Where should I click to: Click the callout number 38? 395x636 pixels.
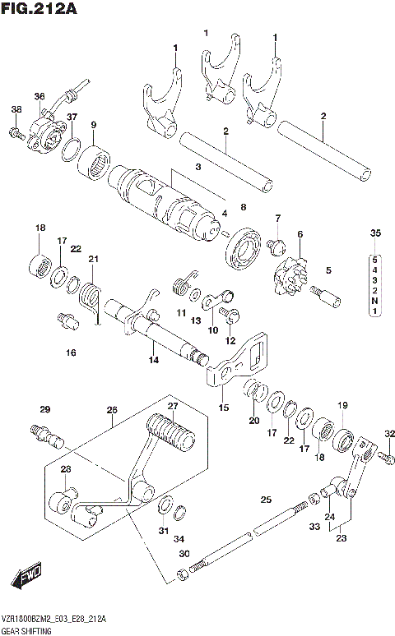pos(16,110)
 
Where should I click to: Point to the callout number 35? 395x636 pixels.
pos(376,235)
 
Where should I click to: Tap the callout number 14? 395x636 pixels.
pos(152,360)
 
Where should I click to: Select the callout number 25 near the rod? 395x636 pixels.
pos(266,500)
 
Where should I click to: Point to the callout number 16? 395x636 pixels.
pos(71,353)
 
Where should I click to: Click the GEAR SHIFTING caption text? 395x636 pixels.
pos(28,630)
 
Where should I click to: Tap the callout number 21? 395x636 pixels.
pos(94,260)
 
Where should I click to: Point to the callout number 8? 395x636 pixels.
pos(242,206)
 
